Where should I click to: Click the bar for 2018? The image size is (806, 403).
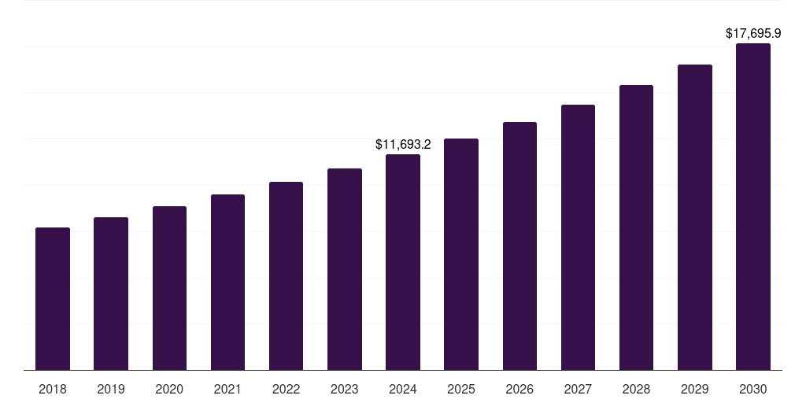53,299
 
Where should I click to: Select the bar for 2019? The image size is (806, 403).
111,294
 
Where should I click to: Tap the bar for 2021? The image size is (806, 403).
227,283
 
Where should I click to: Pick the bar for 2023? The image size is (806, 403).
345,269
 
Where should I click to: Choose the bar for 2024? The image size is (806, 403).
403,262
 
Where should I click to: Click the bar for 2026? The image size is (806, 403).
519,246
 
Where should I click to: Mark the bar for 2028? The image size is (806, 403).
636,227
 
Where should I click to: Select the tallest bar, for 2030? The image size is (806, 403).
753,207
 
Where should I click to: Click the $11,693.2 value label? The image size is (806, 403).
403,145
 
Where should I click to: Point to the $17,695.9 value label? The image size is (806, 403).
753,34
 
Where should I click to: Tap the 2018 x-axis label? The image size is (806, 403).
53,389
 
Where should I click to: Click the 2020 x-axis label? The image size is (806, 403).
169,389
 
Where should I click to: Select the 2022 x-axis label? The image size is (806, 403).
287,389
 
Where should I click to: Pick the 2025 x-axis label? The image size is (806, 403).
461,389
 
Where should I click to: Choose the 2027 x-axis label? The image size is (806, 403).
578,389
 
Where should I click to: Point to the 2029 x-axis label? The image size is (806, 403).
695,389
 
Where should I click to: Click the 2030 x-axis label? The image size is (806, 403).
753,389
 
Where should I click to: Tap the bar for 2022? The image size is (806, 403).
287,276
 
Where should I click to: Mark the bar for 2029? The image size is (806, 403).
695,217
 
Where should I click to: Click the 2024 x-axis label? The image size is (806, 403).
403,389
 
